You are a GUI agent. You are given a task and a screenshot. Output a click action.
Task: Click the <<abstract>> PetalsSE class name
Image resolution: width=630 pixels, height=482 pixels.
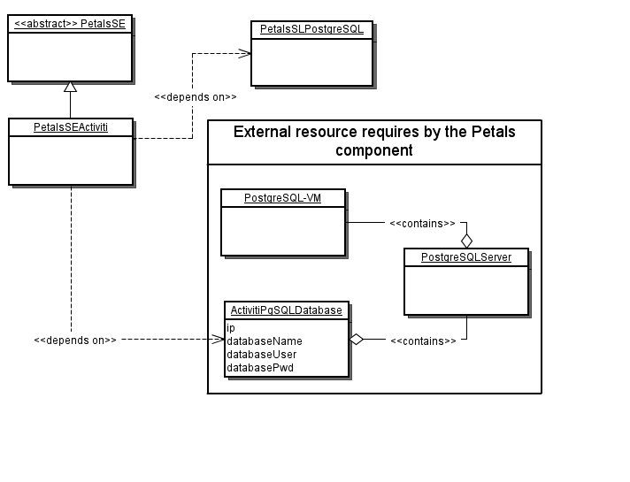[x=70, y=25]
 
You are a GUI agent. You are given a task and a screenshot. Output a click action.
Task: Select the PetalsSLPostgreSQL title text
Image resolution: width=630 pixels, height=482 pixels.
[x=311, y=30]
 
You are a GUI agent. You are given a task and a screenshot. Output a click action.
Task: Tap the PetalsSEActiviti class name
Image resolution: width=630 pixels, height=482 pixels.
[x=70, y=127]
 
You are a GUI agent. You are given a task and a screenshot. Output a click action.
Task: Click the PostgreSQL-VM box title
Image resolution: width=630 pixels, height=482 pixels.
[x=282, y=198]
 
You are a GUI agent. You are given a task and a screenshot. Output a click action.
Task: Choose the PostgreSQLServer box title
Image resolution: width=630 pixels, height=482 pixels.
[x=465, y=257]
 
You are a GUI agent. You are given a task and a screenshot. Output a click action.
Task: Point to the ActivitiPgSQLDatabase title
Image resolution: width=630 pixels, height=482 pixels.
[x=286, y=310]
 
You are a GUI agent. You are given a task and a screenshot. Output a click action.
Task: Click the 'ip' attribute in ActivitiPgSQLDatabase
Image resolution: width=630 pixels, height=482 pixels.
[x=231, y=328]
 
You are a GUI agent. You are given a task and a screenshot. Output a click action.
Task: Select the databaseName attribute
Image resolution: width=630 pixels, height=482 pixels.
[x=265, y=340]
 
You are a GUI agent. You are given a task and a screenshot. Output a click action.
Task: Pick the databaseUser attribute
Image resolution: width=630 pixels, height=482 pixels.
[x=262, y=354]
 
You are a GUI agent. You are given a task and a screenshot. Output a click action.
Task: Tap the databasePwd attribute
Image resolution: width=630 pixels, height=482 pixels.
[x=260, y=367]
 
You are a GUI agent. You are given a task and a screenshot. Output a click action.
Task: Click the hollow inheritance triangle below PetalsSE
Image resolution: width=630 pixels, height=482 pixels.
[x=70, y=87]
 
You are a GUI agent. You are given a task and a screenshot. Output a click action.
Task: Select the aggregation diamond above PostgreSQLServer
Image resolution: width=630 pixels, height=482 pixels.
[x=466, y=240]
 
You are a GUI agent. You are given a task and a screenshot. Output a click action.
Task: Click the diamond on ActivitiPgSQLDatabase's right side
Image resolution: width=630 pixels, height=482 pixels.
[x=356, y=339]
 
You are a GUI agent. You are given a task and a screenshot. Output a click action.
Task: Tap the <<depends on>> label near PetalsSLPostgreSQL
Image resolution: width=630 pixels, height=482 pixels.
[x=195, y=96]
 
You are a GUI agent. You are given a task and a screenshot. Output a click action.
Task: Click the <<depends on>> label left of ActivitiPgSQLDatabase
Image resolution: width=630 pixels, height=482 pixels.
[x=75, y=340]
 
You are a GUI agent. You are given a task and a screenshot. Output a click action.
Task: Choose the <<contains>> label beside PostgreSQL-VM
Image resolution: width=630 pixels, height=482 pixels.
[x=422, y=224]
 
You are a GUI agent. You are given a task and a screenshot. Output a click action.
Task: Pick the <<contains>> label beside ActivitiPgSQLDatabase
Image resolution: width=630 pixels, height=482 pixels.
[x=423, y=340]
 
